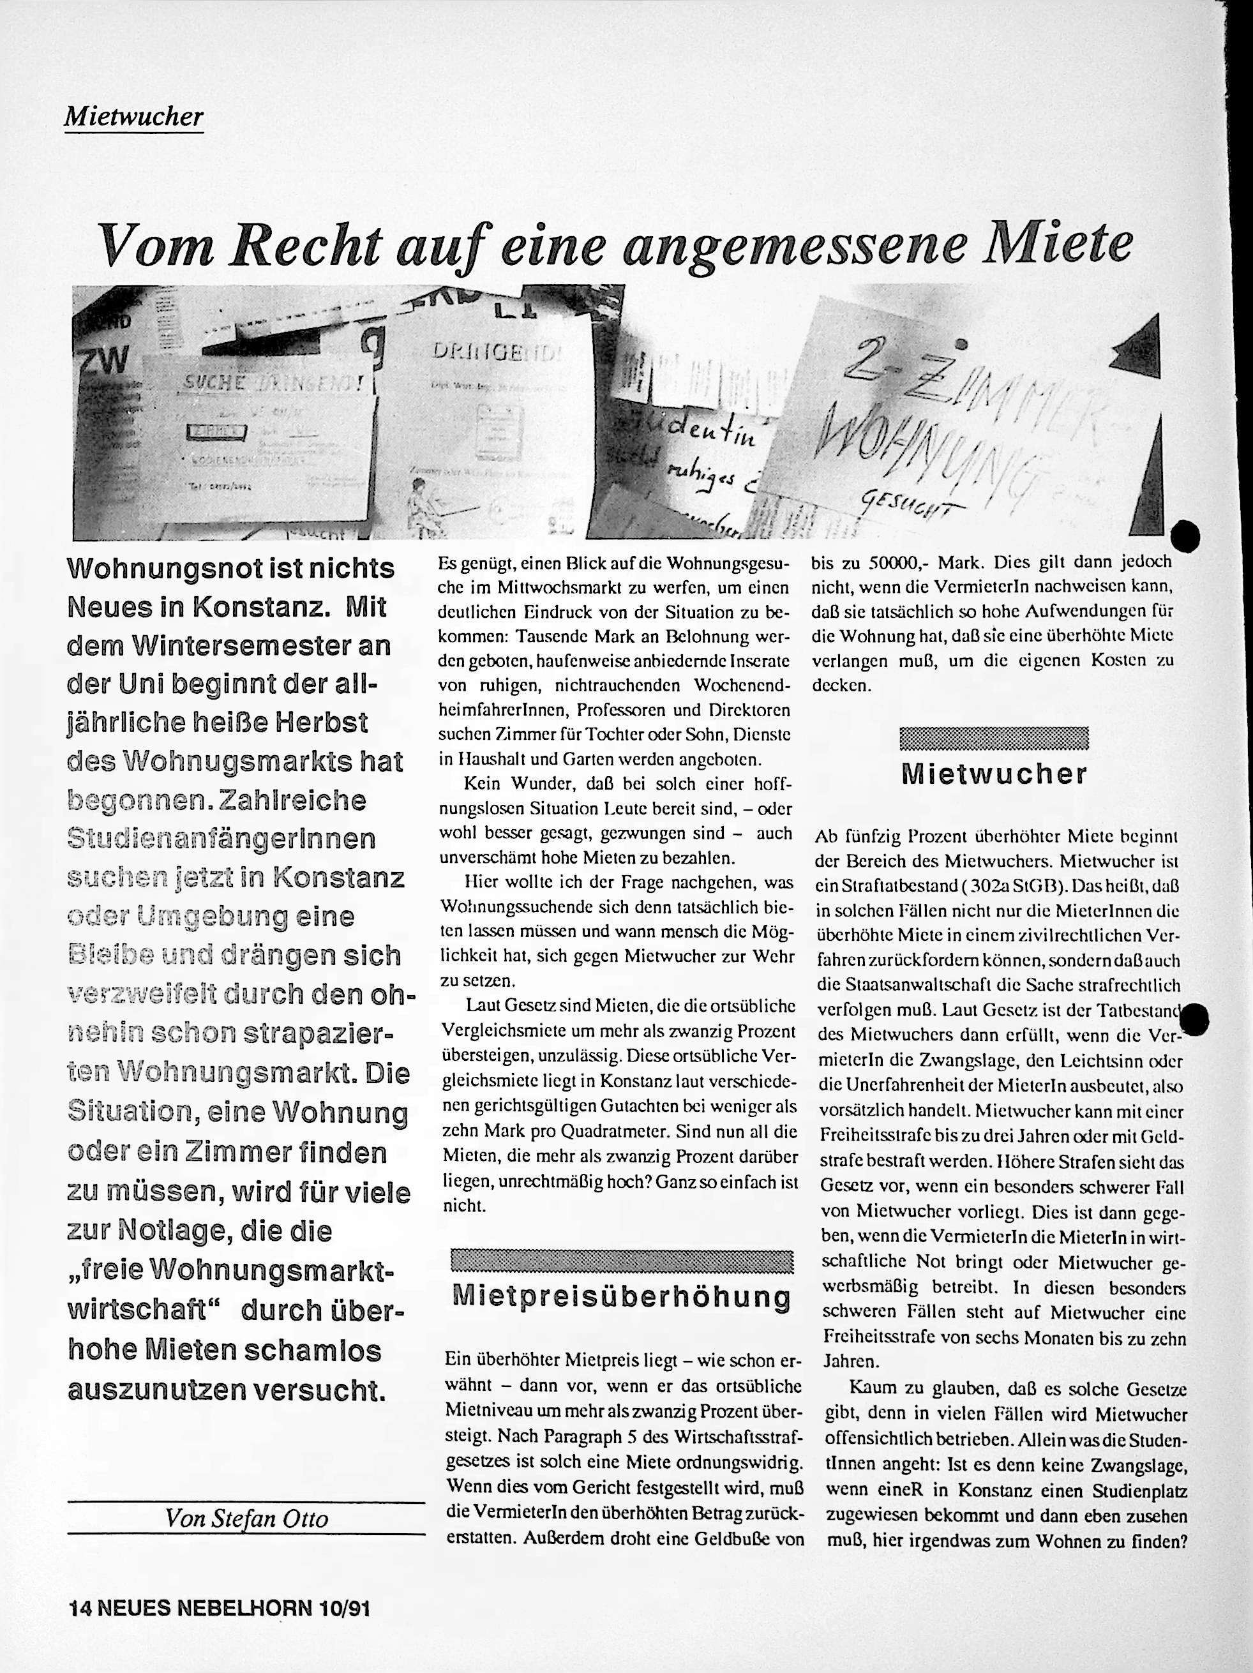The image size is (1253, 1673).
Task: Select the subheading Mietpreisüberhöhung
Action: [621, 1296]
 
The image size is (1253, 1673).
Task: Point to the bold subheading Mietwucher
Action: [994, 773]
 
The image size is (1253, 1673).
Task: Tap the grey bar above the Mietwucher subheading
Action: [994, 738]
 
